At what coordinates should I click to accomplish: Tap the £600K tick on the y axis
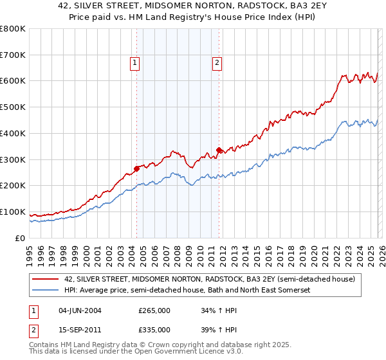click(13, 81)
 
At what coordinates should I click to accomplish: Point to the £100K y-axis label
click(13, 212)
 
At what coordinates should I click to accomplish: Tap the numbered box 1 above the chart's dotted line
click(135, 62)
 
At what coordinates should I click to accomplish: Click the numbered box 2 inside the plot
click(217, 62)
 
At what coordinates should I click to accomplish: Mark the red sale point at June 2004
click(136, 168)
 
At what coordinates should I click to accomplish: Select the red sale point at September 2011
click(219, 150)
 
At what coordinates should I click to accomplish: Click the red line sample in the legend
click(46, 280)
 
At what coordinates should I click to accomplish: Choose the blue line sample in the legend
click(46, 291)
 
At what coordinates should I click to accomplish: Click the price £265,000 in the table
click(154, 310)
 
